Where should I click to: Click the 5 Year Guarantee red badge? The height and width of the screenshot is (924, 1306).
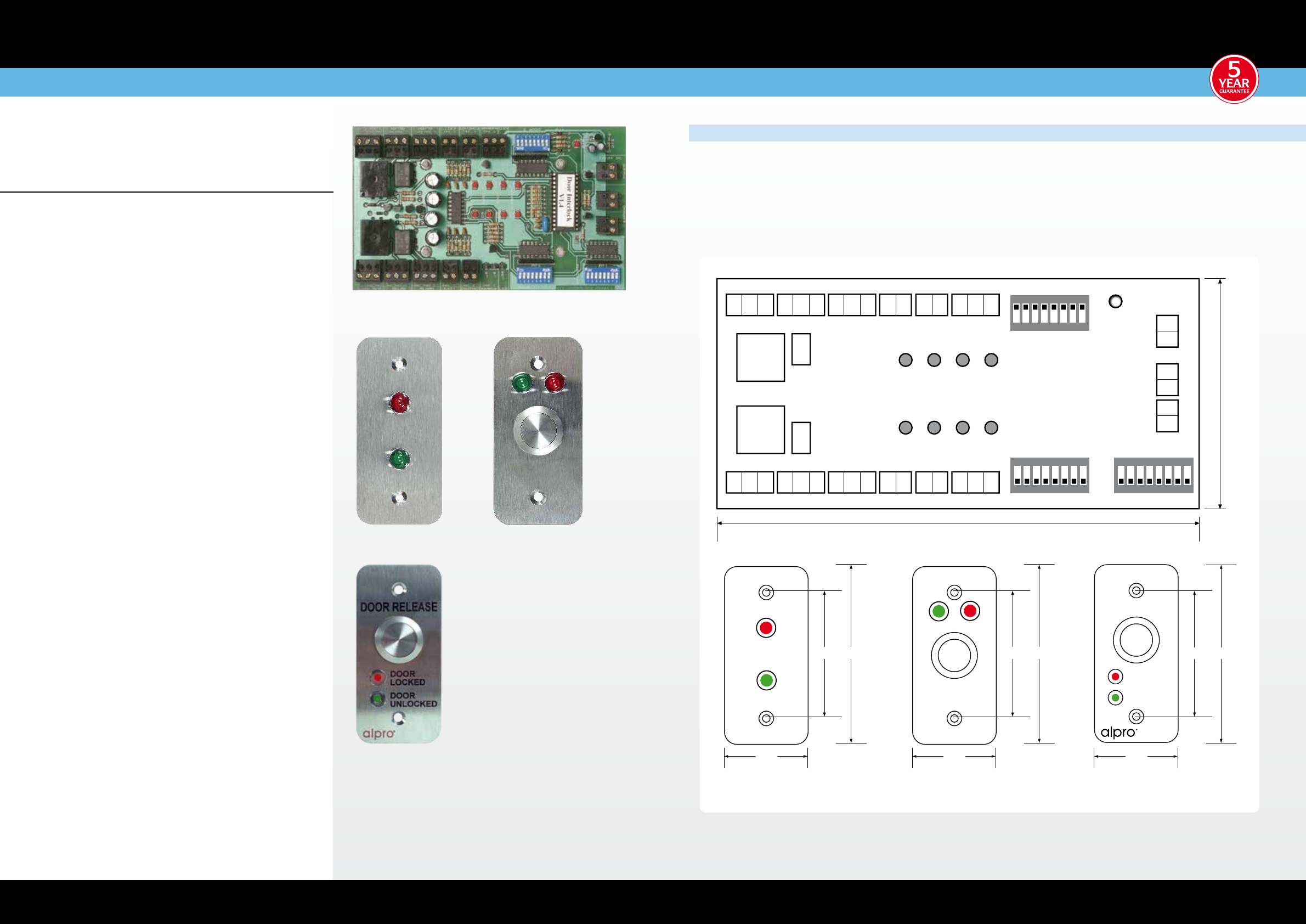(1233, 79)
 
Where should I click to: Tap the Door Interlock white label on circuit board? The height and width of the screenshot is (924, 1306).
(565, 200)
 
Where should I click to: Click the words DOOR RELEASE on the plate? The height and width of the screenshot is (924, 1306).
(399, 607)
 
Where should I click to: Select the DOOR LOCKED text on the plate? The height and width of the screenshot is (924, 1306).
(408, 678)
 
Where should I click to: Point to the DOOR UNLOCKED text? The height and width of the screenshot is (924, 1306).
(413, 699)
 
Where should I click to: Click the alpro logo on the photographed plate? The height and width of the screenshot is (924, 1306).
(379, 734)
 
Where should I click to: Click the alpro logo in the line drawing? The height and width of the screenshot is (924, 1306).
(1118, 733)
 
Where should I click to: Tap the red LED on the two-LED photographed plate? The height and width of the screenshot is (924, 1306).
(399, 403)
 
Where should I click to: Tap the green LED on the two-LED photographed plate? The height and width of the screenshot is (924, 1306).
(399, 459)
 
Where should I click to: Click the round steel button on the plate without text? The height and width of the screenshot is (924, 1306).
(538, 431)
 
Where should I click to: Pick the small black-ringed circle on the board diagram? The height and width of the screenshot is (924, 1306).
(1116, 302)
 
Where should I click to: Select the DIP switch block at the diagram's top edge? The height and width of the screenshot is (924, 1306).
(1049, 313)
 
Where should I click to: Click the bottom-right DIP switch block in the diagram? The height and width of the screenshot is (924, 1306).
(1153, 475)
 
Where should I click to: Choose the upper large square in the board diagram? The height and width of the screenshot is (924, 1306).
(760, 357)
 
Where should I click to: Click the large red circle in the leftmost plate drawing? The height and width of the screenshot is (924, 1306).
(766, 628)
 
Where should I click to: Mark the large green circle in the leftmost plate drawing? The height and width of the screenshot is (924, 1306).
(766, 680)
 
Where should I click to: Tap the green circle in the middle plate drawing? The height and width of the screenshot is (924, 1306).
(938, 612)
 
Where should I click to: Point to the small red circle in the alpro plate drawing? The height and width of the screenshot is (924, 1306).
(1115, 677)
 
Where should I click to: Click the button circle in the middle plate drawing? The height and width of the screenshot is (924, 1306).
(954, 656)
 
